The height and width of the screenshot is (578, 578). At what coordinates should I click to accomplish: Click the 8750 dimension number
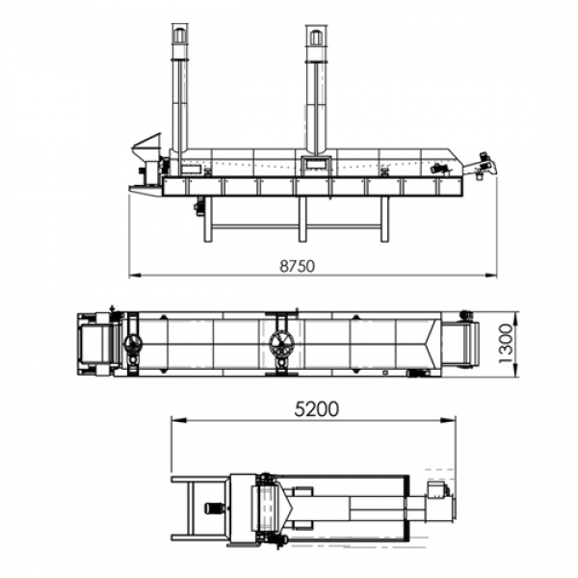pyautogui.click(x=297, y=266)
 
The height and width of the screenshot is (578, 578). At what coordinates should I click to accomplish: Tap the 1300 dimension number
pyautogui.click(x=506, y=344)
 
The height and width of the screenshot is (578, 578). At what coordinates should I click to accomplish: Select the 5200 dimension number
pyautogui.click(x=317, y=409)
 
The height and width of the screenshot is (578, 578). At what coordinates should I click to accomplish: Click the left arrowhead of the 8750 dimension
pyautogui.click(x=135, y=275)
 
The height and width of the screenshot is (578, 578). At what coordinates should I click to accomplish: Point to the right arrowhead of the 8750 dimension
pyautogui.click(x=490, y=275)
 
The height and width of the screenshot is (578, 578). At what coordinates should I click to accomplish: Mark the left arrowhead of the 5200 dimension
pyautogui.click(x=178, y=420)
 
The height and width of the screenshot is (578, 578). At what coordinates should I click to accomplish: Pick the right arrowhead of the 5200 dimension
pyautogui.click(x=449, y=420)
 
